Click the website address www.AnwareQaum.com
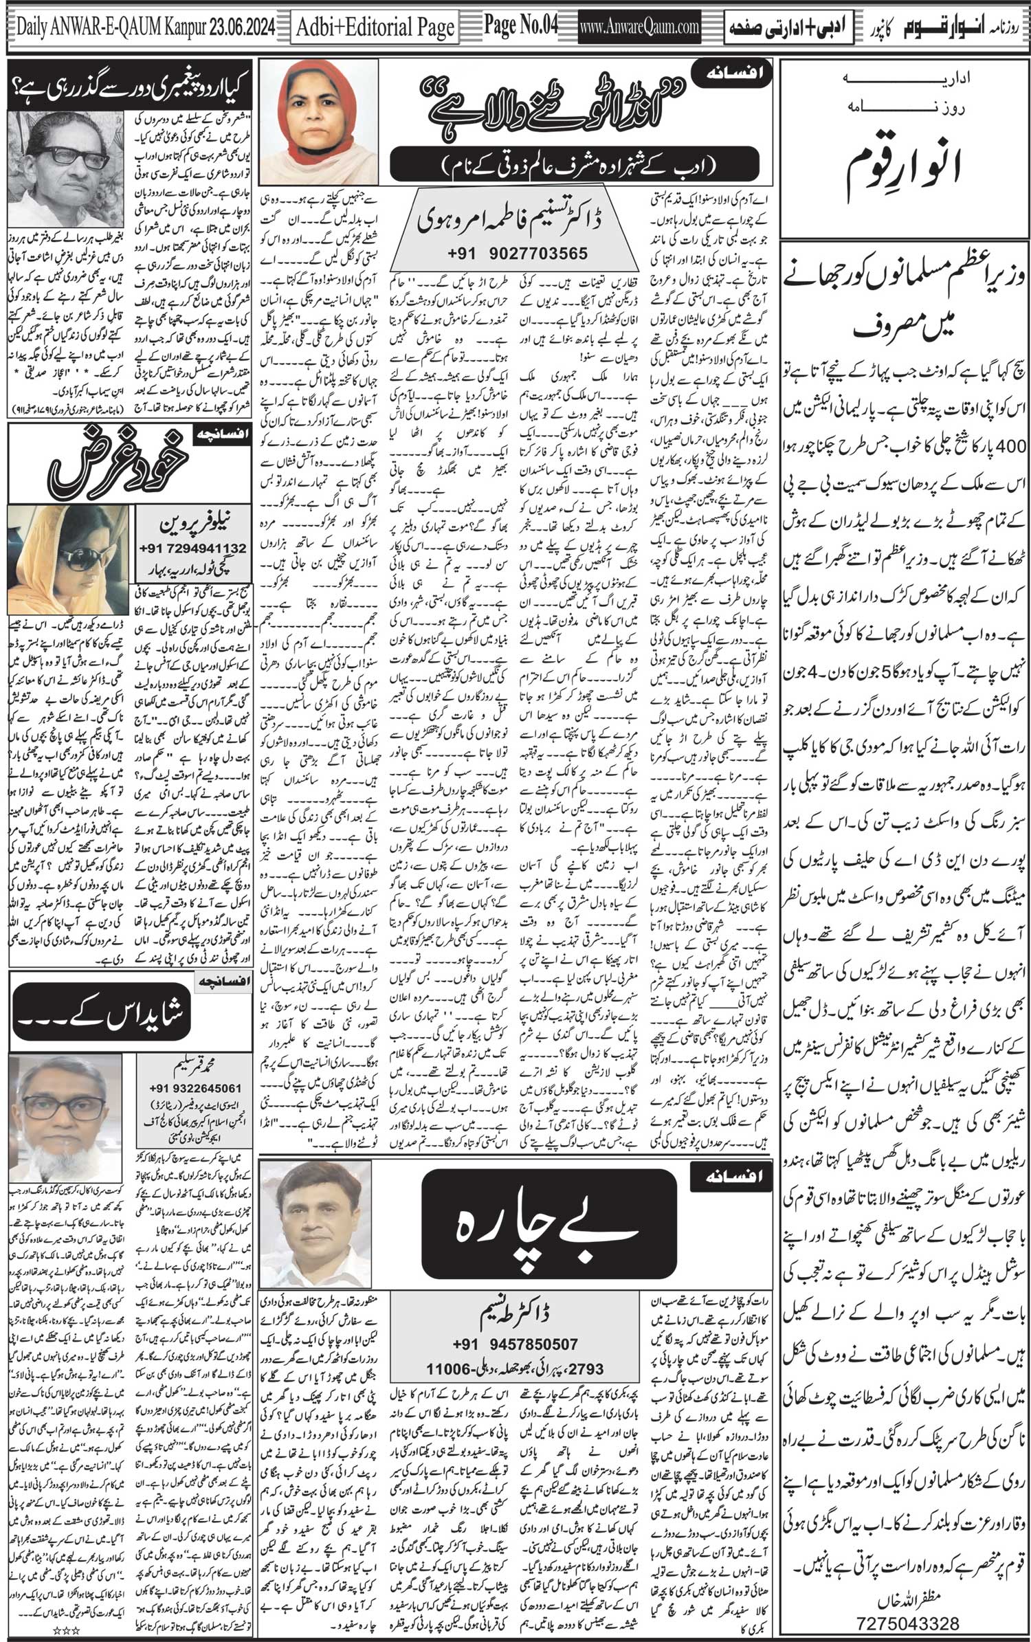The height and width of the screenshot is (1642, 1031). pyautogui.click(x=640, y=27)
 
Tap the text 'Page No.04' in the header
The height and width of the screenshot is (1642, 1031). pyautogui.click(x=520, y=25)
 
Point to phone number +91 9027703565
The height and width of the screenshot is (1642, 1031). pyautogui.click(x=518, y=254)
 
